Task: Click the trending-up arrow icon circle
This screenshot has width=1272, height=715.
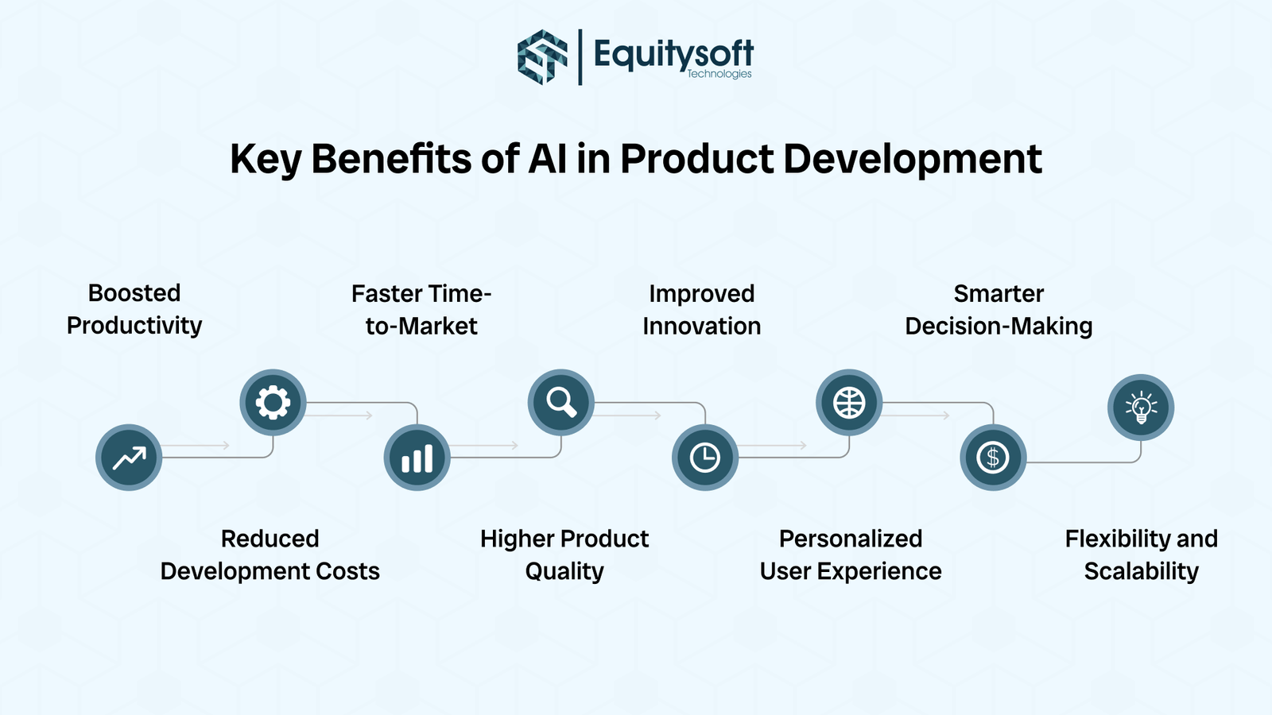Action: tap(129, 458)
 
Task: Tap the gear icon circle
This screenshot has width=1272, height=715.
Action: tap(273, 403)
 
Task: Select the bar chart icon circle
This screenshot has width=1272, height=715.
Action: tap(417, 458)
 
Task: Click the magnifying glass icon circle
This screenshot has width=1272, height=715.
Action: tap(561, 403)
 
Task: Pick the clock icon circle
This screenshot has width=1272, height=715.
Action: tap(705, 458)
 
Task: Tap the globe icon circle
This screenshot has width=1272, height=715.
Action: tap(849, 403)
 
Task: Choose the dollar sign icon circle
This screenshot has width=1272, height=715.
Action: tap(993, 458)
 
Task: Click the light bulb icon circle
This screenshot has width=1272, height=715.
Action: tap(1141, 408)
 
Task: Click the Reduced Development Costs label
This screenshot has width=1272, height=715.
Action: tap(270, 555)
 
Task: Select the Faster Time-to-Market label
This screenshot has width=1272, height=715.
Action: tap(421, 310)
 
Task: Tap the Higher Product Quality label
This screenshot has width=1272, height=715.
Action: tap(564, 555)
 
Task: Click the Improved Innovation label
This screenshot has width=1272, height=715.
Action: tap(701, 310)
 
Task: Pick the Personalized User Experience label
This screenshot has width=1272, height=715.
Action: tap(851, 555)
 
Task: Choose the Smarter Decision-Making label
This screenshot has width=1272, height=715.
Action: tap(999, 310)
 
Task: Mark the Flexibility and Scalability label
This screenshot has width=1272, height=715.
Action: tap(1141, 555)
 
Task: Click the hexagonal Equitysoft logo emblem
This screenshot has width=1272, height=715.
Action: tap(543, 56)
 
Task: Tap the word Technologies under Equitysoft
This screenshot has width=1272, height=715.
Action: tap(719, 74)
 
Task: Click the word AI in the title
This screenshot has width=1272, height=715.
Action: tap(548, 159)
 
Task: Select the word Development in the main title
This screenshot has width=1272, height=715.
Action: tap(912, 159)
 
